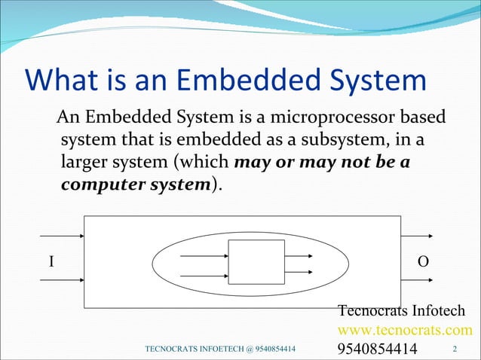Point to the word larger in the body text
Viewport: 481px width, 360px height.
(x=83, y=163)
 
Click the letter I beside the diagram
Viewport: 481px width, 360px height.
(x=51, y=261)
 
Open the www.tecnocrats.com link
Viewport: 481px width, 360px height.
(x=405, y=330)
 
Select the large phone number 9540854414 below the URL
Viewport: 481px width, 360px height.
(x=376, y=349)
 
